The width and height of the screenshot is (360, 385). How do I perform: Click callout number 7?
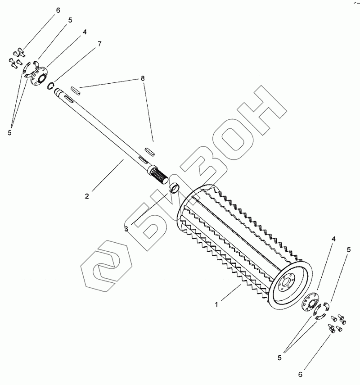point(99,44)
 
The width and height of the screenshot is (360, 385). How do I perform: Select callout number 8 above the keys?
point(143,78)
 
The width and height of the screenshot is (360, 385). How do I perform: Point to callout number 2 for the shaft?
point(87,196)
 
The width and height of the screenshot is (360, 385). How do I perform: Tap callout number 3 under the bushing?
point(126,229)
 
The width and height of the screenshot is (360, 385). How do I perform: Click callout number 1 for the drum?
point(216,304)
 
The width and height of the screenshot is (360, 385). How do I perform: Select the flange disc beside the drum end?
point(308,302)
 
